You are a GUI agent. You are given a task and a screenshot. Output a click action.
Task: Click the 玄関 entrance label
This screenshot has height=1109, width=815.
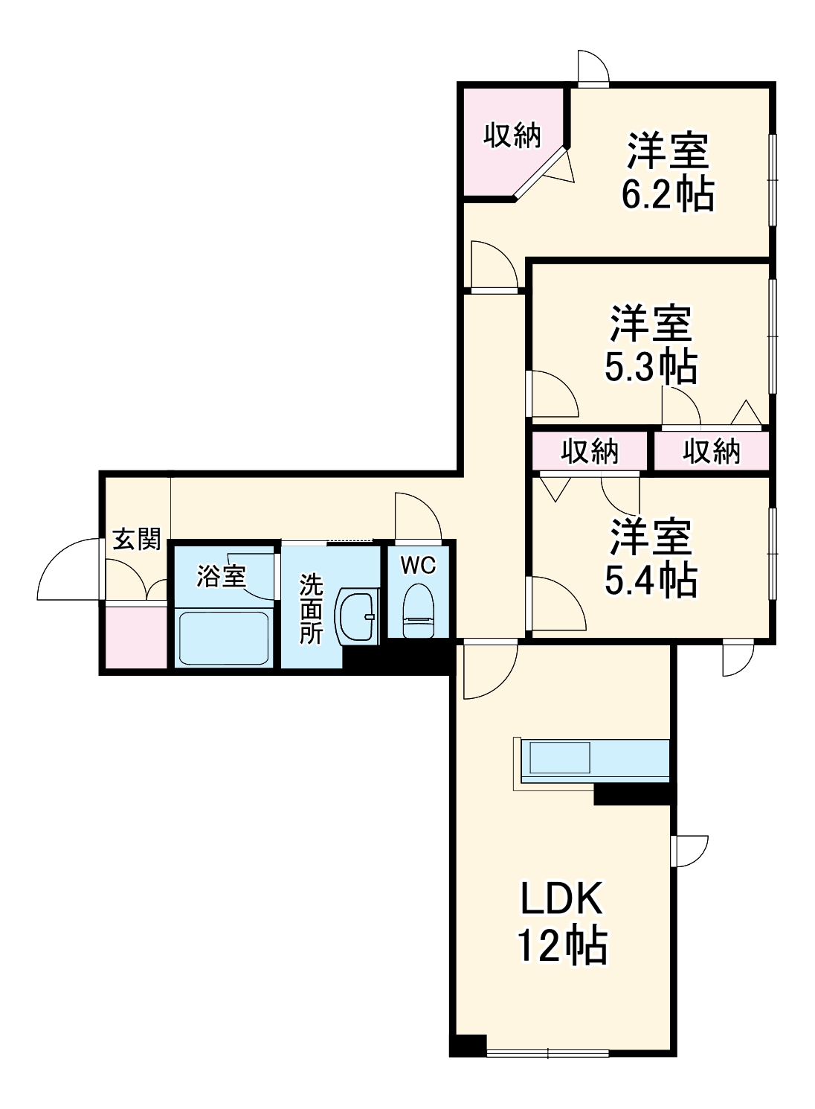click(137, 539)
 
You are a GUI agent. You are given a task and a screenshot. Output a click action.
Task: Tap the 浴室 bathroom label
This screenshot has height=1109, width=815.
click(221, 576)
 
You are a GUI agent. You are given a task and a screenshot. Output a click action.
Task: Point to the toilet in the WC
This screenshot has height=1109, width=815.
click(418, 611)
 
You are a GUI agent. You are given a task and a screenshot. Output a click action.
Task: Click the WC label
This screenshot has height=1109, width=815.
click(418, 566)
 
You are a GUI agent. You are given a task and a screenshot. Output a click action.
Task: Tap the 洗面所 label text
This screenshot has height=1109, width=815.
click(311, 609)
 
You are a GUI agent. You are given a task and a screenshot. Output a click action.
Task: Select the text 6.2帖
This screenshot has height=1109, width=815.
click(667, 195)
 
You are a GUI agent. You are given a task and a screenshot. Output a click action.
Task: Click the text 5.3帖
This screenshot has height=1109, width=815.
click(651, 366)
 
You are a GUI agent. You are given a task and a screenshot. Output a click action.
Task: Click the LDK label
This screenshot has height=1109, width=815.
click(561, 901)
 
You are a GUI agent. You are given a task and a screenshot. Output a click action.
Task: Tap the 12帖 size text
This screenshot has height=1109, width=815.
click(561, 947)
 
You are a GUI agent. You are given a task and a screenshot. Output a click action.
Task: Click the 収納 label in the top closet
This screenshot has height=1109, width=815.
click(512, 135)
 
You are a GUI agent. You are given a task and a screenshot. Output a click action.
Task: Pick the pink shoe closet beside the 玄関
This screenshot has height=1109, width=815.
click(136, 637)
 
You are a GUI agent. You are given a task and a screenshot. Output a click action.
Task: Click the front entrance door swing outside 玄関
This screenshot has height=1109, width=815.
click(68, 570)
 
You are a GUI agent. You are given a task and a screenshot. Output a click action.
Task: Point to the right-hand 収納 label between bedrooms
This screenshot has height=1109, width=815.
click(712, 451)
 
